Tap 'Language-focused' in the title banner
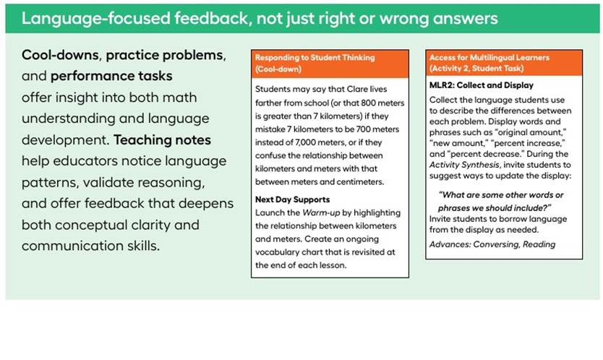95,19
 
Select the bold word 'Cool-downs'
61,55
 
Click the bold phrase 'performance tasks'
111,76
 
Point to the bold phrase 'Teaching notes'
162,140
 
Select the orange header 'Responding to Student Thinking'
315,58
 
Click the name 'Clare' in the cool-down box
358,89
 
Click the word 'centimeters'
361,182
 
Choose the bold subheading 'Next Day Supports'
293,200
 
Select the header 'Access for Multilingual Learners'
489,58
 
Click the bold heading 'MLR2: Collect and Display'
482,85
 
